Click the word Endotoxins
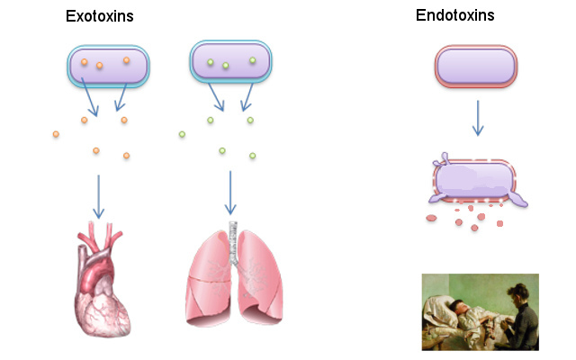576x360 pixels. [454, 15]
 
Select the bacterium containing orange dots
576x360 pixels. [108, 66]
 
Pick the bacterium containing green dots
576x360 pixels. [231, 63]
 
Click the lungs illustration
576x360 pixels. [234, 274]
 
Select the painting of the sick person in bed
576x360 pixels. [480, 311]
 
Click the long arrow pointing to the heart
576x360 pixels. [98, 195]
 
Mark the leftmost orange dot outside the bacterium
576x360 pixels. [56, 134]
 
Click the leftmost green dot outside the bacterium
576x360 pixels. [182, 135]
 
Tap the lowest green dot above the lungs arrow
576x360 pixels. [252, 156]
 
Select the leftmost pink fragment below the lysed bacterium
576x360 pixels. [430, 218]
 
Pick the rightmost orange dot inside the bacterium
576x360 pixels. [127, 60]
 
